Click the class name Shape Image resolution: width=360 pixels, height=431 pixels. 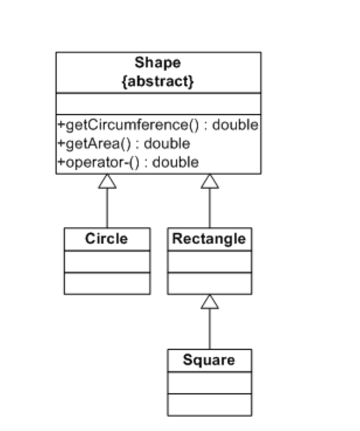click(158, 63)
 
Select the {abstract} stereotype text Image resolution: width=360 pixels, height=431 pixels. click(158, 81)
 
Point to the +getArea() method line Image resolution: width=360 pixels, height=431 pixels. click(123, 144)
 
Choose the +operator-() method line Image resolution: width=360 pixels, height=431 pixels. click(127, 162)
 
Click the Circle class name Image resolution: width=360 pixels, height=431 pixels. click(106, 239)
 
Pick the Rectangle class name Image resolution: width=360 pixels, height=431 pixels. click(209, 239)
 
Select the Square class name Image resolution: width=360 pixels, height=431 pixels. click(209, 360)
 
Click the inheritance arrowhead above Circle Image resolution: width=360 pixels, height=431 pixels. click(107, 181)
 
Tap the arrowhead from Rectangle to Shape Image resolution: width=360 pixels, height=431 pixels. click(209, 181)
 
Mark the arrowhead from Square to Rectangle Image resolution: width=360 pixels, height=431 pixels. click(209, 302)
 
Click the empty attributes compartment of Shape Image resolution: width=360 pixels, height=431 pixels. click(158, 104)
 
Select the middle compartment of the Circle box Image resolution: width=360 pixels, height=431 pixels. click(107, 261)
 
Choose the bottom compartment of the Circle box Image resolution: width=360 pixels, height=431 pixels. click(107, 283)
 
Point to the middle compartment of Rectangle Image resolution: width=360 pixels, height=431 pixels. click(209, 261)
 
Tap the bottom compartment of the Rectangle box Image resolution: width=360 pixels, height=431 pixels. click(209, 283)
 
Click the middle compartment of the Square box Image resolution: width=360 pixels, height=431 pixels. click(209, 383)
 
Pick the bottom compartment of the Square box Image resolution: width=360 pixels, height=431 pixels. click(209, 404)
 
